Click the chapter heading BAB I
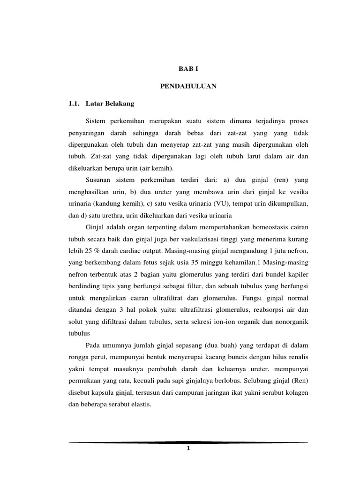click(x=188, y=68)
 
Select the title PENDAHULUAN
click(x=188, y=87)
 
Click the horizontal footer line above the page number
click(x=188, y=442)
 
